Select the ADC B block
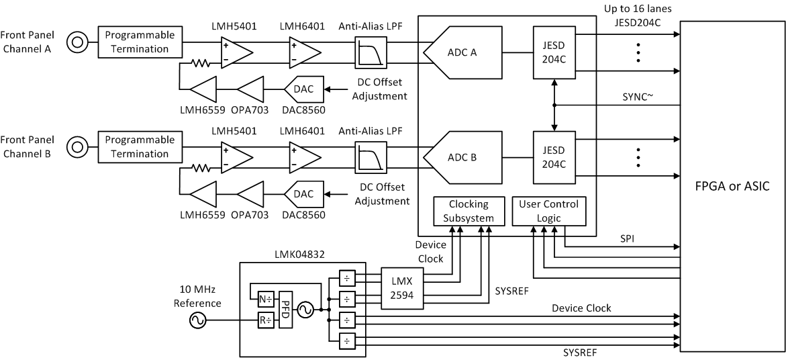[463, 159]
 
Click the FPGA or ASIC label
[732, 186]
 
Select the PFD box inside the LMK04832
[286, 309]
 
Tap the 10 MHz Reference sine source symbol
[199, 321]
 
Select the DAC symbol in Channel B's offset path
[303, 195]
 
